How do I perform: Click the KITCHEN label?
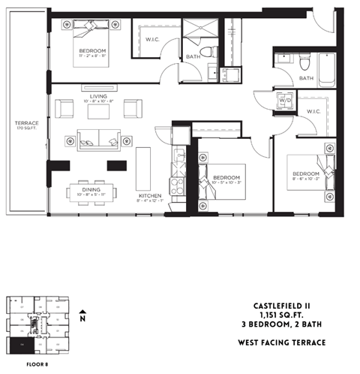tap(149, 195)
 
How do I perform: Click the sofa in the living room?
tap(99, 138)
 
